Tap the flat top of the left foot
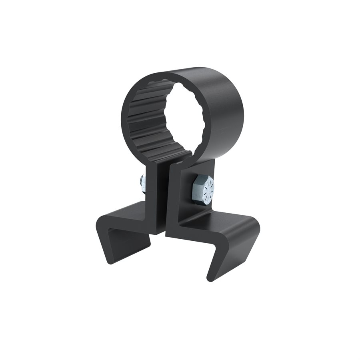click(x=124, y=212)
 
